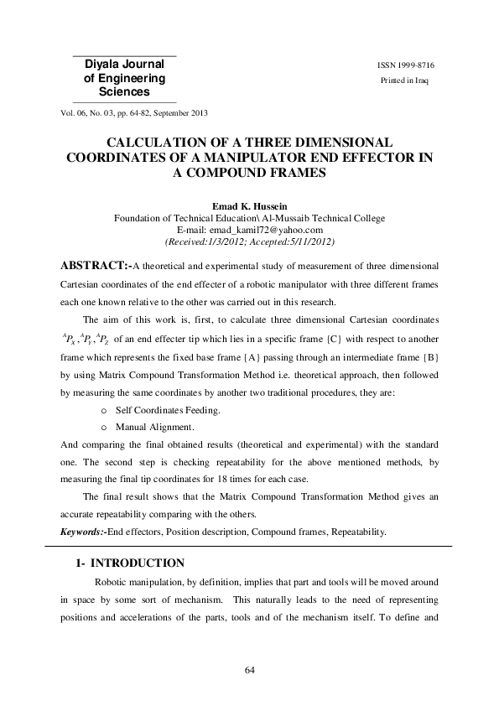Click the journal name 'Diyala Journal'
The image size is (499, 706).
pyautogui.click(x=125, y=64)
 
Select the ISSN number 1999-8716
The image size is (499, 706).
pyautogui.click(x=406, y=65)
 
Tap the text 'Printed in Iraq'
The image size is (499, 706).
pyautogui.click(x=406, y=80)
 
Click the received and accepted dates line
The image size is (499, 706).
pyautogui.click(x=249, y=241)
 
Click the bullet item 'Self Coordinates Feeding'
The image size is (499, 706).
pyautogui.click(x=168, y=409)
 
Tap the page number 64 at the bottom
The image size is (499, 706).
pyautogui.click(x=249, y=669)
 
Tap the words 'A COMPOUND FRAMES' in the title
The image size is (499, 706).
pyautogui.click(x=249, y=173)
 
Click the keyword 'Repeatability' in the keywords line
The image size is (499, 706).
pyautogui.click(x=352, y=531)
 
